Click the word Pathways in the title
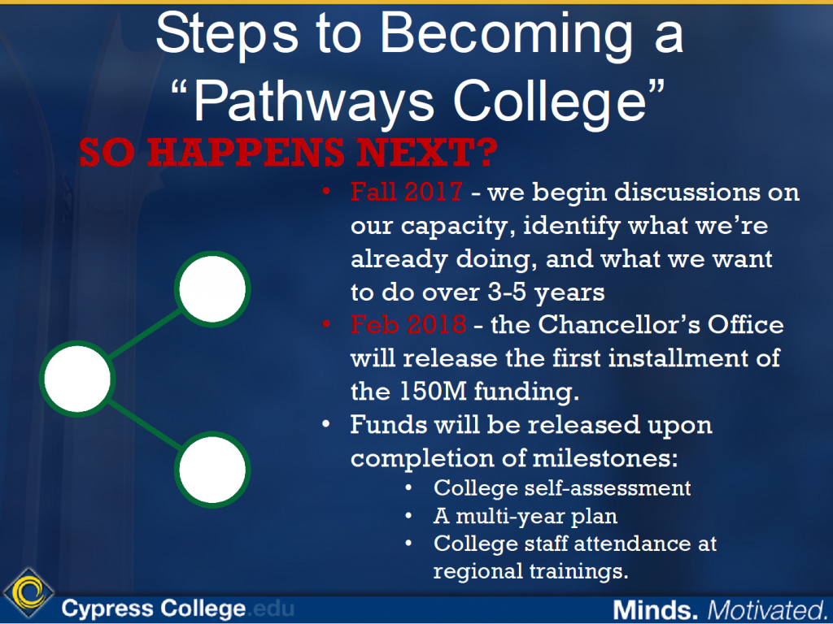313,102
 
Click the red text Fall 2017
408,193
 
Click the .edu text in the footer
271,608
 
